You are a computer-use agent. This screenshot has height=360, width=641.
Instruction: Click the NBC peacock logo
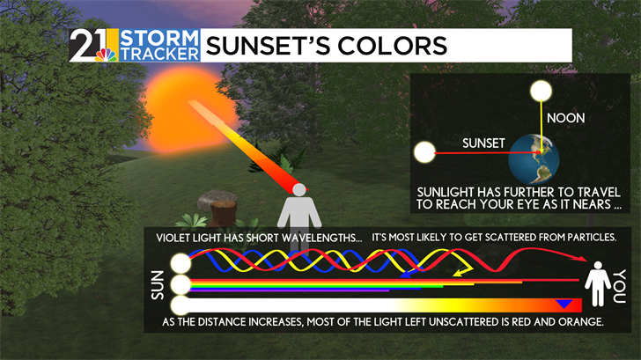point(106,55)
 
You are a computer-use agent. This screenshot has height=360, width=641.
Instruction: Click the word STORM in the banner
point(159,38)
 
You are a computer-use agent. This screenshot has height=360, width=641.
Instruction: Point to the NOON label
point(566,118)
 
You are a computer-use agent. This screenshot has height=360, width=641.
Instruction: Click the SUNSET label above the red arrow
point(483,143)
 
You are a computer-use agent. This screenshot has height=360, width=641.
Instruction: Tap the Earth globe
point(534,159)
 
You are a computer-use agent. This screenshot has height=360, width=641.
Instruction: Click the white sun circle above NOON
point(541,91)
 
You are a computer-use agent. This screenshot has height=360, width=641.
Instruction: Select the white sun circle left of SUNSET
point(424,152)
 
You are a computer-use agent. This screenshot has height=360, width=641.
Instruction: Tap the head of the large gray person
point(299,189)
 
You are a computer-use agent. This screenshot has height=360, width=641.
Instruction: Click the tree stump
point(224,212)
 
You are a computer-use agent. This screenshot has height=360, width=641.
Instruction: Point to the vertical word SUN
point(158,285)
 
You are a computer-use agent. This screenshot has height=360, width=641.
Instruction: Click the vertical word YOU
point(620,286)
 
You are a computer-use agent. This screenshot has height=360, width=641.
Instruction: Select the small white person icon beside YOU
point(598,283)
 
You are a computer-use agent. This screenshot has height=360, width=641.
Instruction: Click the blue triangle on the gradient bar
point(564,304)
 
